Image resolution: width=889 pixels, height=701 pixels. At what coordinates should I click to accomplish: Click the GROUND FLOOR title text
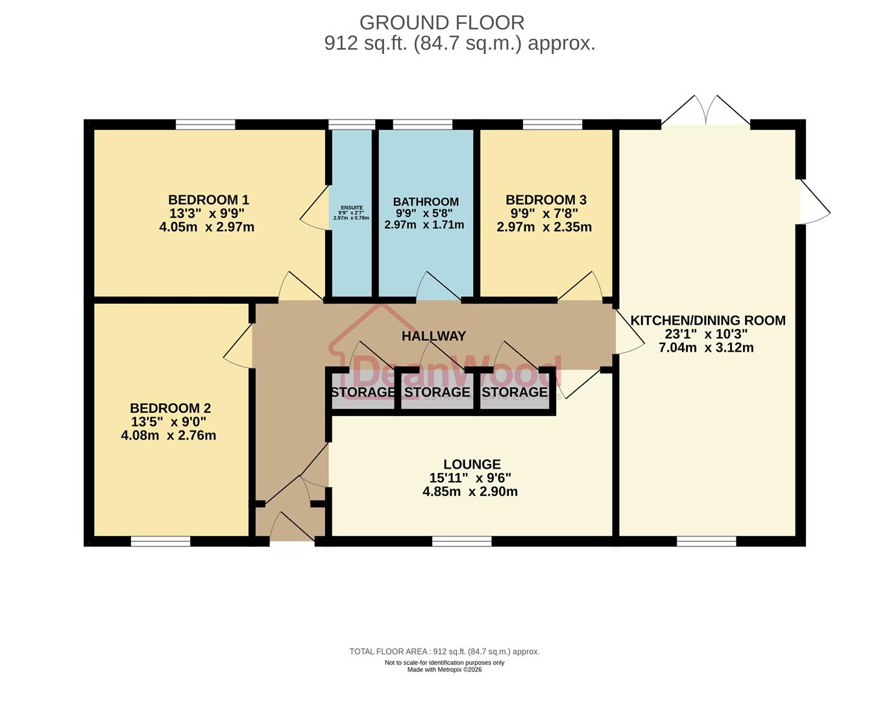[x=442, y=23]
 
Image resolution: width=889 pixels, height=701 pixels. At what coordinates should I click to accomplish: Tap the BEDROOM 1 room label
[x=208, y=200]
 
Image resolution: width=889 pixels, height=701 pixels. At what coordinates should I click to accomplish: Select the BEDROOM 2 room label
[x=170, y=408]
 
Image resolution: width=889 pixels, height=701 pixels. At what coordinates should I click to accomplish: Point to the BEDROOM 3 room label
[x=546, y=200]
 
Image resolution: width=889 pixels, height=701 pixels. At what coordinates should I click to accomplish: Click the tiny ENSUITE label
[x=351, y=208]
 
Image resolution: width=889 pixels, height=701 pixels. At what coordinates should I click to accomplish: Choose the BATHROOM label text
[x=426, y=202]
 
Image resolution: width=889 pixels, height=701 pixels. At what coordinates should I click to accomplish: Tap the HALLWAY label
[x=433, y=336]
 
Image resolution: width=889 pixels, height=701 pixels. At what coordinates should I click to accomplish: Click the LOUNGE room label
[x=472, y=464]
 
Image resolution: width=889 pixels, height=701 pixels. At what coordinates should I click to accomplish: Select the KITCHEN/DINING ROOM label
[x=708, y=320]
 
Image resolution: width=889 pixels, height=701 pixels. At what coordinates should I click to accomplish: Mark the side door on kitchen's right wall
[x=814, y=201]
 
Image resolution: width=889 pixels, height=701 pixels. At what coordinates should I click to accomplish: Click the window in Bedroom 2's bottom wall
[x=160, y=541]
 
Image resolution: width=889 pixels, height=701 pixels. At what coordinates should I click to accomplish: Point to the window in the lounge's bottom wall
[x=462, y=541]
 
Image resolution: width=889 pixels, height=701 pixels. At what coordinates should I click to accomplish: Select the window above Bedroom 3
[x=552, y=125]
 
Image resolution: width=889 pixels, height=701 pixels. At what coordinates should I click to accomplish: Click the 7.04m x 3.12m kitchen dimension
[x=706, y=348]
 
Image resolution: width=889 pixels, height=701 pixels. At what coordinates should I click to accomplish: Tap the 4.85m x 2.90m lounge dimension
[x=470, y=492]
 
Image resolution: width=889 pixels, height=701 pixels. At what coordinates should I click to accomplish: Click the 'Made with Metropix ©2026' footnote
[x=444, y=670]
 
